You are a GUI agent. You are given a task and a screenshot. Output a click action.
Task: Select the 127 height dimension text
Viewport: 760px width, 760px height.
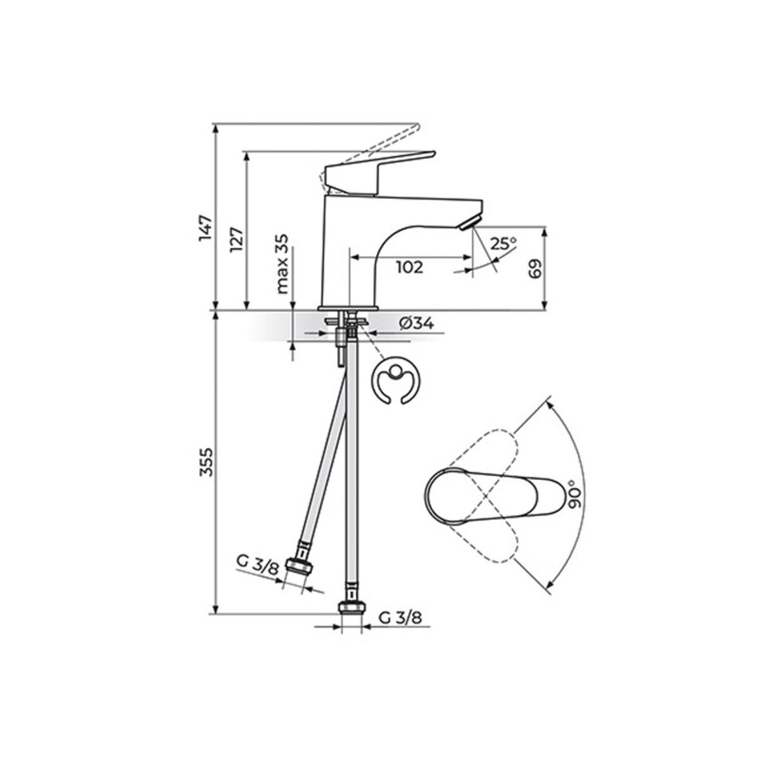pyautogui.click(x=236, y=240)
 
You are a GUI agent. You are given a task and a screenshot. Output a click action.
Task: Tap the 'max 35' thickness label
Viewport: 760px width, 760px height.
pyautogui.click(x=282, y=264)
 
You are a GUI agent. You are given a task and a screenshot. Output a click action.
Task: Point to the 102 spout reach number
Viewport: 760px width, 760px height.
pyautogui.click(x=410, y=267)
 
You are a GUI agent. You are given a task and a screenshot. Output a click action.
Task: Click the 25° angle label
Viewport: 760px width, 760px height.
pyautogui.click(x=503, y=244)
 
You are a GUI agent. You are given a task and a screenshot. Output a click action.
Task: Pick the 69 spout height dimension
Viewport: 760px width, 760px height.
pyautogui.click(x=535, y=269)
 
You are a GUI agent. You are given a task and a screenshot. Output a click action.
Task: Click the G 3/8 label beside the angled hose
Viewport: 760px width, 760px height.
pyautogui.click(x=258, y=570)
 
